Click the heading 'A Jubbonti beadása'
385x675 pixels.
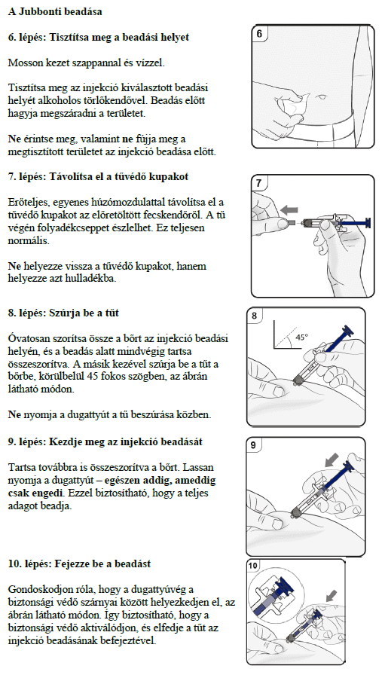pyautogui.click(x=55, y=11)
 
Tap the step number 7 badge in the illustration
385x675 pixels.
pyautogui.click(x=258, y=183)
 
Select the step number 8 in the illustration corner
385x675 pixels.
pyautogui.click(x=254, y=316)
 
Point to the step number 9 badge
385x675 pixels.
pyautogui.click(x=253, y=445)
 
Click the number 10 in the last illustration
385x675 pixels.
pyautogui.click(x=254, y=566)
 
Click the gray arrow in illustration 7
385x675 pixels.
pyautogui.click(x=289, y=209)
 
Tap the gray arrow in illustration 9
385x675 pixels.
pyautogui.click(x=332, y=460)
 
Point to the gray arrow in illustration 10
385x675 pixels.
pyautogui.click(x=332, y=596)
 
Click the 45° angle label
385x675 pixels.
pyautogui.click(x=302, y=337)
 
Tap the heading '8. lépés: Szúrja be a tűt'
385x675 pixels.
pyautogui.click(x=63, y=313)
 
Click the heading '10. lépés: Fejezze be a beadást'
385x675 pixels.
pyautogui.click(x=79, y=564)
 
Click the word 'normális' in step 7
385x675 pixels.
pyautogui.click(x=26, y=240)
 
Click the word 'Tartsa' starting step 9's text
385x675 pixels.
pyautogui.click(x=20, y=467)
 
